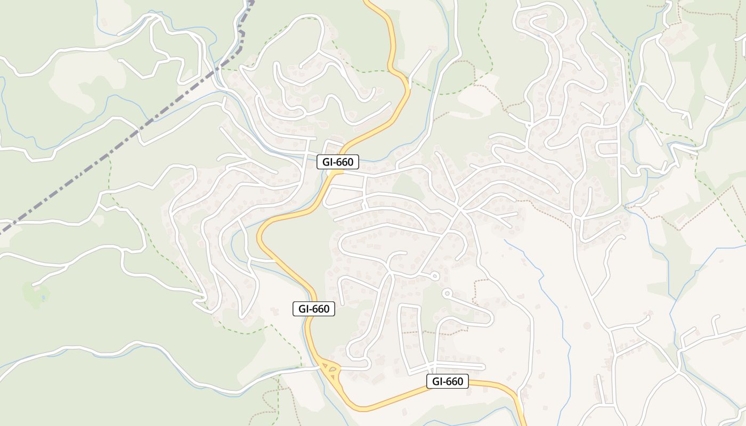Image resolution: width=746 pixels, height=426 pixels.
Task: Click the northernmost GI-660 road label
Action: (338, 162)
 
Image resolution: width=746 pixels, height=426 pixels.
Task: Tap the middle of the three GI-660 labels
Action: (314, 309)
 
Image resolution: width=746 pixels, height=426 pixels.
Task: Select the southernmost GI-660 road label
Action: (448, 381)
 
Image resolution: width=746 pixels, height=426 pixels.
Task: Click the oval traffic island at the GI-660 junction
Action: (331, 367)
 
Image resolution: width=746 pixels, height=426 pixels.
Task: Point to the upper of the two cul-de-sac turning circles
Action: (435, 276)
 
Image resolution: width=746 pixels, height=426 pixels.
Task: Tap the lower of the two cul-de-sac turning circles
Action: (447, 292)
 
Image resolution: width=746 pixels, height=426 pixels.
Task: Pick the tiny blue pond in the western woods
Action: (43, 297)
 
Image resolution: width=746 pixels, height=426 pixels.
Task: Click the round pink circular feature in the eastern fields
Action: (587, 325)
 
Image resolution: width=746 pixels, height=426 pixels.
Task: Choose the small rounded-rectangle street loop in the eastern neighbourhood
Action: (607, 149)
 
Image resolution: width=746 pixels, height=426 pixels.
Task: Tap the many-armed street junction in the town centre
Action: (459, 209)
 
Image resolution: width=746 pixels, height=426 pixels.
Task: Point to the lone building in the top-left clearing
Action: (104, 22)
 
